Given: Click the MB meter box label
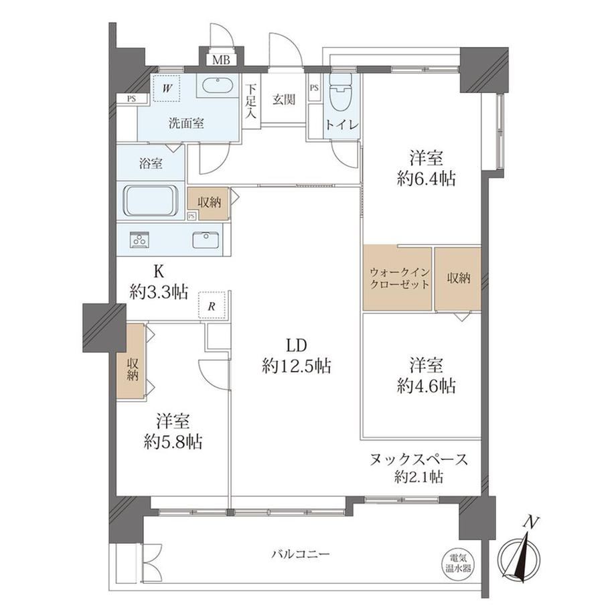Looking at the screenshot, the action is coord(221,60).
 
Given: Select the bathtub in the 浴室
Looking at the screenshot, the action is coord(151,200).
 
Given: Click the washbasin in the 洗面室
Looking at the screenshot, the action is coord(217,85).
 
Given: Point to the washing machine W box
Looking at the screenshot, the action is coord(167,88).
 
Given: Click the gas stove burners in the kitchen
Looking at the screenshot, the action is coord(140,240).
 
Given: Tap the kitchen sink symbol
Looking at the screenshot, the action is coord(206,240).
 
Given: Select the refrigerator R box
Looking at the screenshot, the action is coord(212,305).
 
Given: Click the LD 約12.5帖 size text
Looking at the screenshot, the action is coord(297,356).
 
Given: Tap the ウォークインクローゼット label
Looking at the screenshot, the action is coord(399,278).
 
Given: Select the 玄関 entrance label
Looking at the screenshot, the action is coord(284,100).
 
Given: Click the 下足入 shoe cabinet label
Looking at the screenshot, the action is coord(252,101).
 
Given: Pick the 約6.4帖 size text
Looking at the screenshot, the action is coord(427,179).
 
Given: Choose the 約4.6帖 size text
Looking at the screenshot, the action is coord(427,386).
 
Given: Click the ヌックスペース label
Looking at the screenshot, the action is coord(418,459).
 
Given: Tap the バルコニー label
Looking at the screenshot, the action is coord(301,554).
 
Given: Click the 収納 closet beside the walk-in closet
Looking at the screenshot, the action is coord(458,279).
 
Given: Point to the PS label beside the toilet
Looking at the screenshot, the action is coord(314,88).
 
